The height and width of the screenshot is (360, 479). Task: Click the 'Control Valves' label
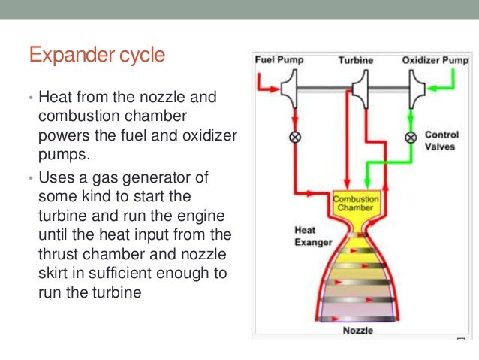(441, 141)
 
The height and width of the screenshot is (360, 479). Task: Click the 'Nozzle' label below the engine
(358, 330)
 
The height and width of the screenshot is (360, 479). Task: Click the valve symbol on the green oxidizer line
(411, 138)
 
